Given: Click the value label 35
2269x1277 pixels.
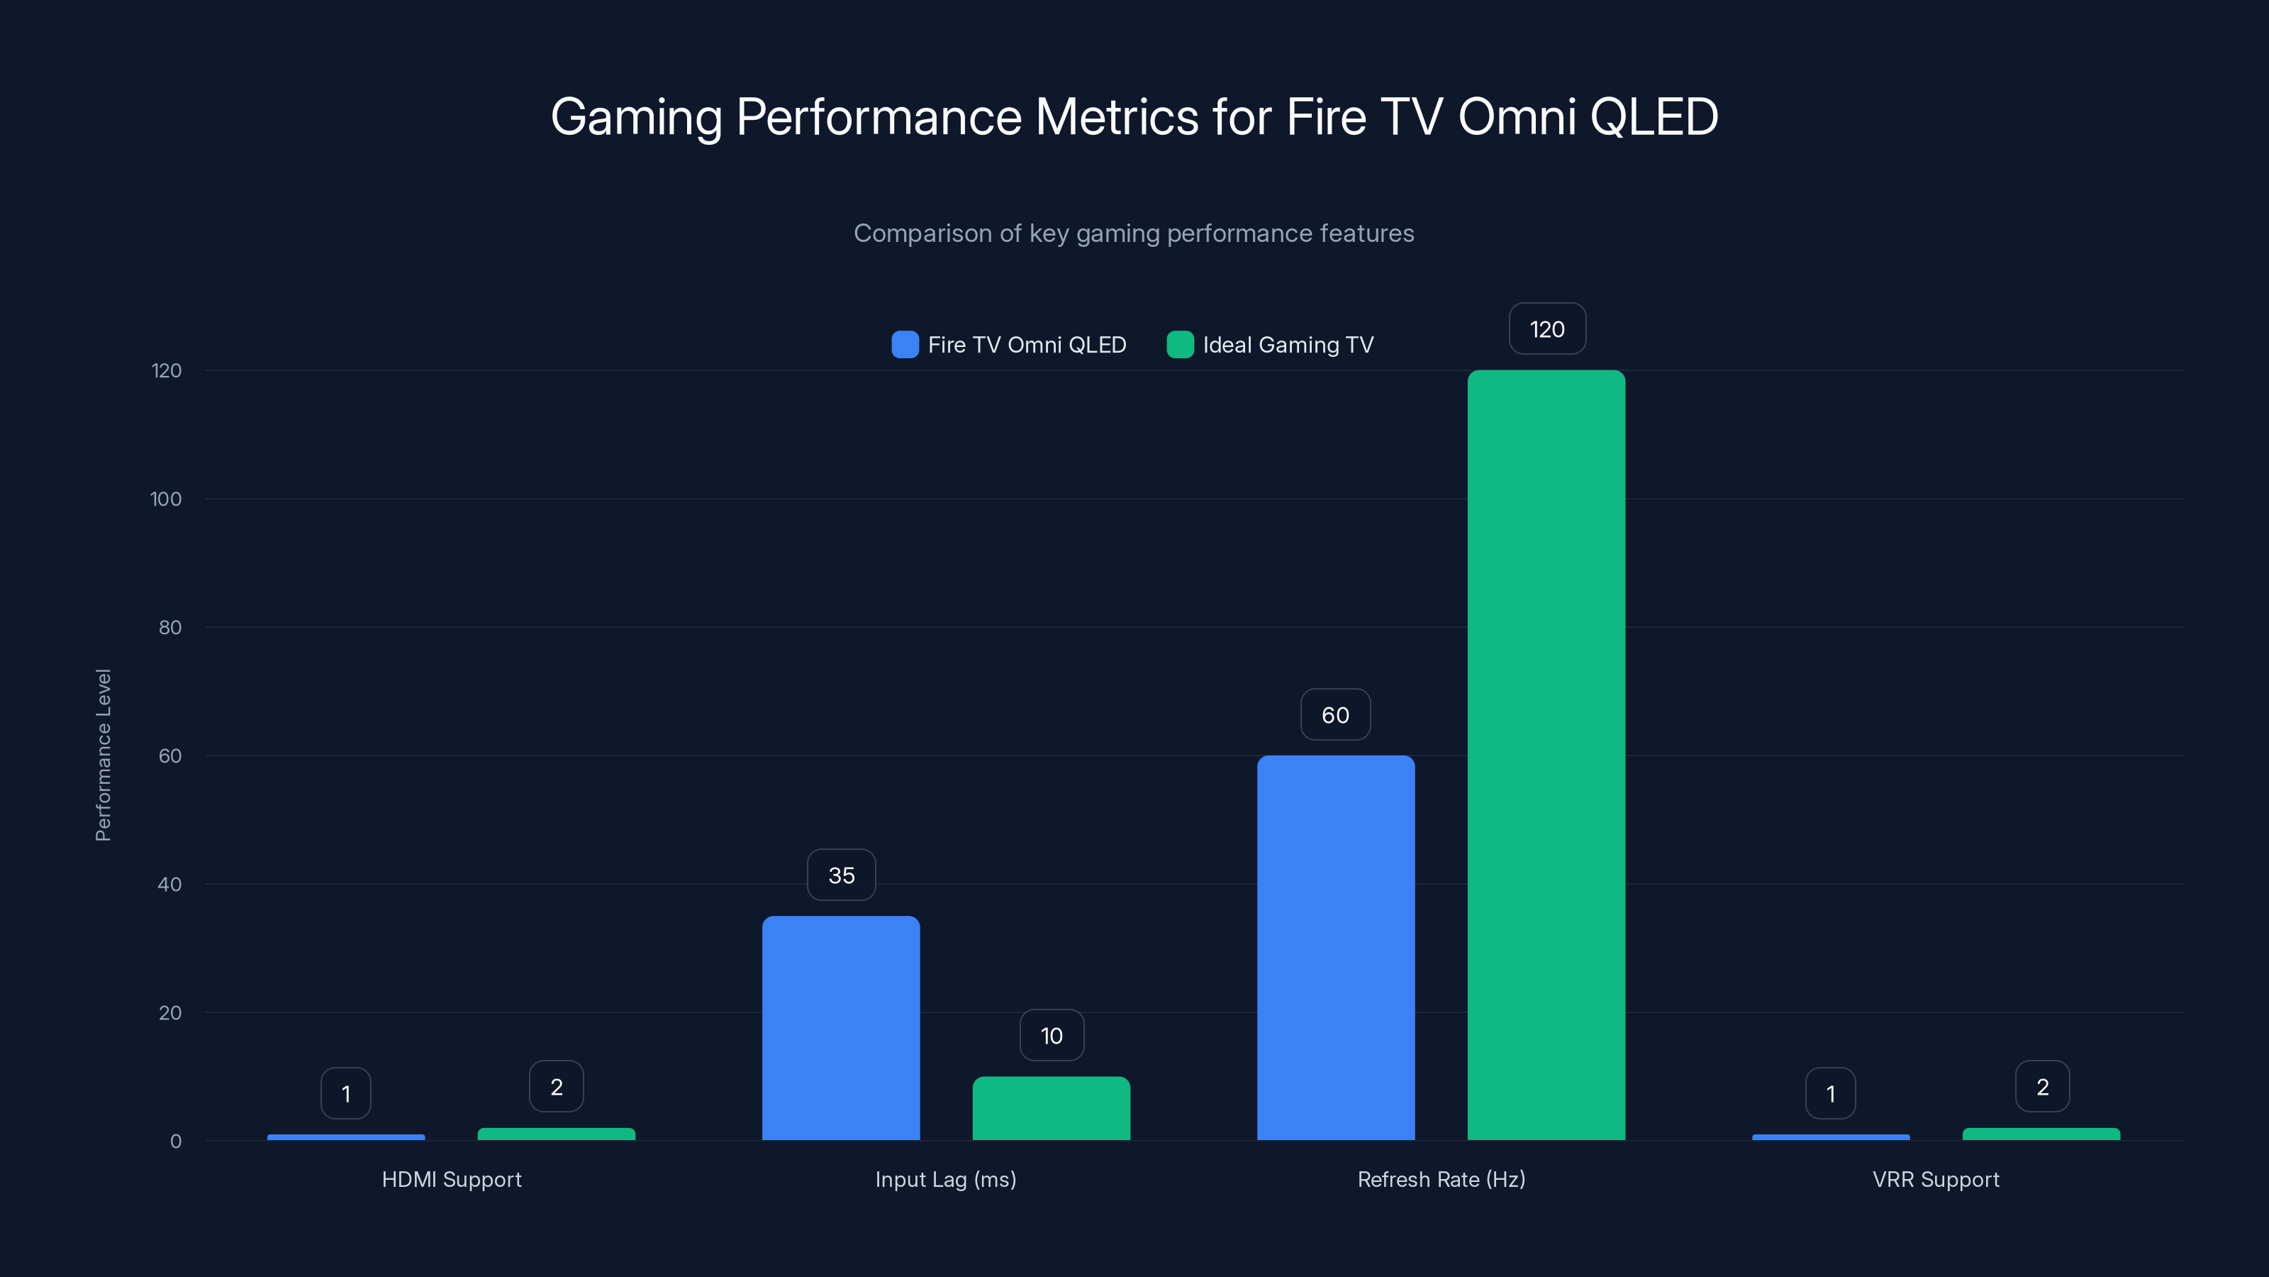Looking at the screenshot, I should coord(841,875).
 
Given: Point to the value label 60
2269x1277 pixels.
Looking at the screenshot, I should coord(1335,714).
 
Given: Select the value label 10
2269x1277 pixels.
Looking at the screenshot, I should coord(1052,1036).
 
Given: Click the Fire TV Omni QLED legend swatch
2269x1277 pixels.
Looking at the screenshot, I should coord(905,345).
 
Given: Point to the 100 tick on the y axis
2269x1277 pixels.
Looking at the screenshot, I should coord(166,499).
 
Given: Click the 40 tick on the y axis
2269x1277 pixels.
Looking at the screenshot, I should coord(169,884).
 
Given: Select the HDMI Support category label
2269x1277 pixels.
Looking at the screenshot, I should coord(451,1179).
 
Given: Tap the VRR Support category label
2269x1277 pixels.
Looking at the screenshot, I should coord(1935,1179).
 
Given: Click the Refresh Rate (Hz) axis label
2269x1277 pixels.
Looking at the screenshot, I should coord(1441,1179).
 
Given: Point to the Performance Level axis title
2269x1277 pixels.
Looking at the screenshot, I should coord(103,756).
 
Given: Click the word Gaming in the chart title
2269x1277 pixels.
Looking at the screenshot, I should coord(636,117).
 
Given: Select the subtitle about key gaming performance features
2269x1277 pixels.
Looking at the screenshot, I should coord(1134,233).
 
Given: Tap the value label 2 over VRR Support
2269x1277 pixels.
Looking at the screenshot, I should coord(2042,1087).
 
